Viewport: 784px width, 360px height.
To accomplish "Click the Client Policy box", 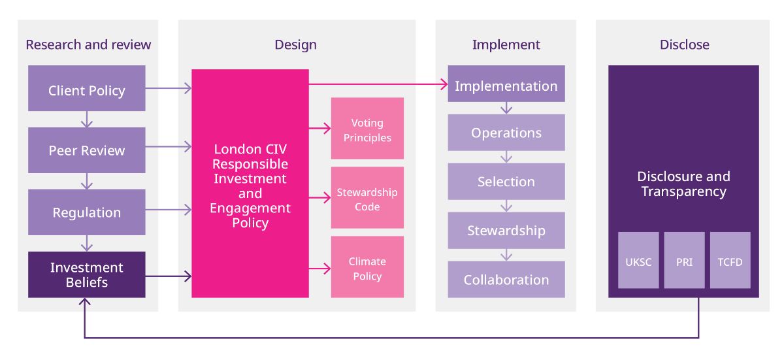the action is point(87,88).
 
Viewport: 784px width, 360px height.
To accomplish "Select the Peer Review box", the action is point(87,150).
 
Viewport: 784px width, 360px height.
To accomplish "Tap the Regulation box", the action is point(87,212).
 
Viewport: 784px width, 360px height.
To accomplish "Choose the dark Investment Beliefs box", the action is point(87,274).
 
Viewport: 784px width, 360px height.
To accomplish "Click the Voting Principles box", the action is point(367,129).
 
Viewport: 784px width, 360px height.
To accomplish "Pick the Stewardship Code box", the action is point(367,198).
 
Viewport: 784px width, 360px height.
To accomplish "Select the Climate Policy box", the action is point(367,267).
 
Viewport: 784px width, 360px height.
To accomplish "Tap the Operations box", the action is point(506,133).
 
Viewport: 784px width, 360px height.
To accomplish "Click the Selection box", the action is point(506,182).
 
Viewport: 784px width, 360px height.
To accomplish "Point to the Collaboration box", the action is point(506,280).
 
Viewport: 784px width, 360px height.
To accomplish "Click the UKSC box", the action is point(638,260).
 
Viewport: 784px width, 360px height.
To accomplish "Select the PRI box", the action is point(684,260).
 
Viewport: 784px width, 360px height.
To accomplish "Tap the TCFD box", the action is point(730,260).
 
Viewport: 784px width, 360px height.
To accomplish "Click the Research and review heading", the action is point(88,45).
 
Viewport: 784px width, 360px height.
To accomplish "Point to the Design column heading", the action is point(296,45).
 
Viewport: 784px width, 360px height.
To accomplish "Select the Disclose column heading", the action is point(685,45).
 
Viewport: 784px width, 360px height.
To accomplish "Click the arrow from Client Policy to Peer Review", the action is point(87,120).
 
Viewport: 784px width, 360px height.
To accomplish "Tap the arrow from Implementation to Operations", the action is point(506,108).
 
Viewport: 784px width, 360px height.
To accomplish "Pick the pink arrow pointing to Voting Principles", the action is point(320,129).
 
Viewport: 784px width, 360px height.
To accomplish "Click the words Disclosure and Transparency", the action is point(683,184).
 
